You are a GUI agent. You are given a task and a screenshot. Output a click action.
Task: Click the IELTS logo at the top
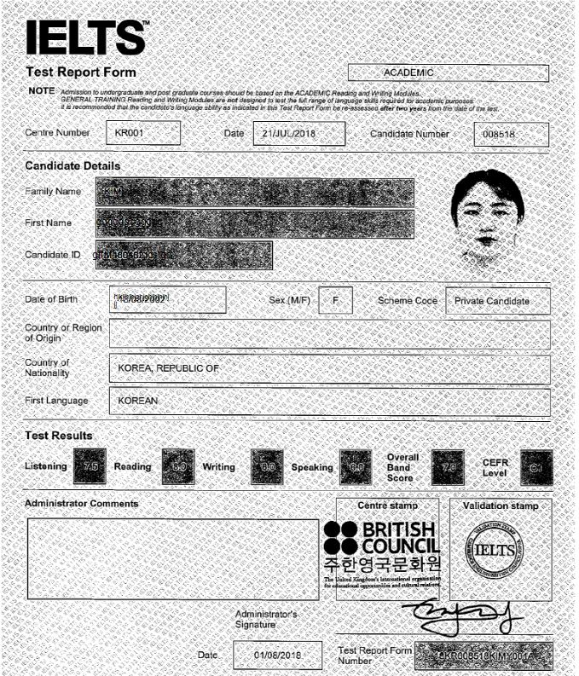click(x=85, y=37)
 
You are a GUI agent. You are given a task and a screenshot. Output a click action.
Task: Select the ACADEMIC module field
click(x=448, y=73)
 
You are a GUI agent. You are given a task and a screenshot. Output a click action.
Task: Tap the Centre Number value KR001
click(x=142, y=134)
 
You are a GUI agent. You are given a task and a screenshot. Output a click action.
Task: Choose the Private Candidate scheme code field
click(x=497, y=301)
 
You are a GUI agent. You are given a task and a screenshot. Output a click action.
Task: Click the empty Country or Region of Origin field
click(x=329, y=334)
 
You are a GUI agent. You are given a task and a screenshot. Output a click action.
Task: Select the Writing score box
click(x=267, y=466)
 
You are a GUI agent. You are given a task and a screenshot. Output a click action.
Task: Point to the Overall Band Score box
click(x=448, y=466)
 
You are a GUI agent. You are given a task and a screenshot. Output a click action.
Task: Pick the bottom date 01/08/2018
click(x=277, y=655)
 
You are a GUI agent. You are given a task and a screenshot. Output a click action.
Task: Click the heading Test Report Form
click(x=81, y=72)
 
